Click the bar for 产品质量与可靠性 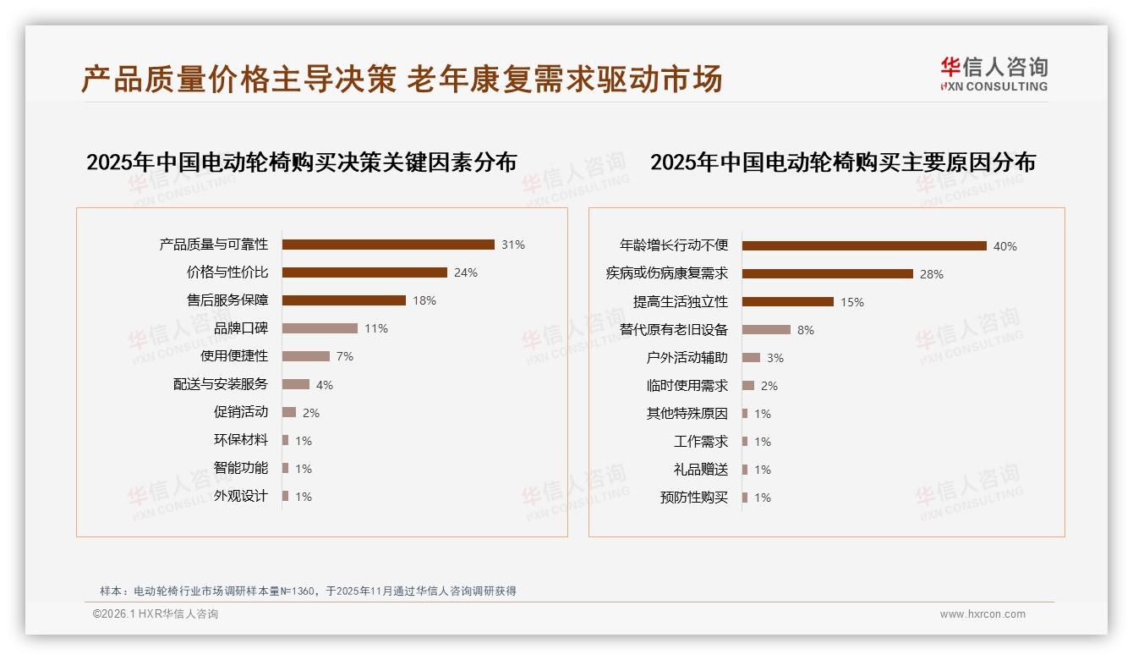[x=388, y=245]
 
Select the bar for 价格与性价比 [x=364, y=272]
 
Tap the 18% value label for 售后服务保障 [x=424, y=300]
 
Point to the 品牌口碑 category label [x=241, y=328]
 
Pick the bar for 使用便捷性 [x=306, y=356]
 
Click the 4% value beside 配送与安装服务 [x=325, y=385]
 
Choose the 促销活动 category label [x=241, y=412]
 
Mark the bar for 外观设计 [x=286, y=496]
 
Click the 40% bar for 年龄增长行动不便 [x=864, y=246]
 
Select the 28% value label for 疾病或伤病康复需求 [x=932, y=274]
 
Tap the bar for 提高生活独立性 [x=788, y=302]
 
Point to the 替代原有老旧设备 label [x=674, y=330]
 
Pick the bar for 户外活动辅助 [x=751, y=358]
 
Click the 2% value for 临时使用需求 [x=769, y=386]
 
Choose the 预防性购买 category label [x=694, y=498]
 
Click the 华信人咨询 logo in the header [x=993, y=74]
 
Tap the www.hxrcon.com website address [x=982, y=614]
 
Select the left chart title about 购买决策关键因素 [x=301, y=162]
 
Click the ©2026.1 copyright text [x=156, y=614]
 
